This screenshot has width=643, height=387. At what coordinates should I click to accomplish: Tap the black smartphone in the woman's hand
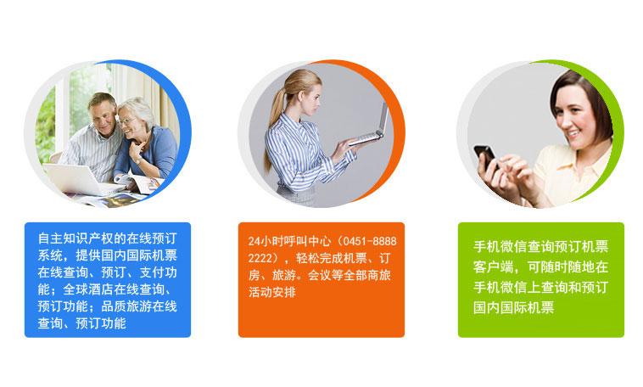click(x=485, y=156)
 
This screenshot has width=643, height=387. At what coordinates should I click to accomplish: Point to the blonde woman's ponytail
click(x=273, y=123)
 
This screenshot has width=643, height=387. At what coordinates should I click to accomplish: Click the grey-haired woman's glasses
click(x=126, y=121)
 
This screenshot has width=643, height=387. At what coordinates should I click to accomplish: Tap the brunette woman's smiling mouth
click(x=573, y=133)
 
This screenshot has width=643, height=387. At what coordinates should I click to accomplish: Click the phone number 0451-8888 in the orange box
click(x=370, y=241)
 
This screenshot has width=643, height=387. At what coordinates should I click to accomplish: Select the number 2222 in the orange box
click(x=260, y=258)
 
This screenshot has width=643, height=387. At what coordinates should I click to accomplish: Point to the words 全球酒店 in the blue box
click(x=88, y=289)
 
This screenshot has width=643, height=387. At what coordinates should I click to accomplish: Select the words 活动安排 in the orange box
click(x=272, y=292)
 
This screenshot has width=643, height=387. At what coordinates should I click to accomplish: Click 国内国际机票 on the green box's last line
click(x=513, y=307)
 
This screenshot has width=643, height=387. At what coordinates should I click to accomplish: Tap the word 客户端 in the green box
click(x=494, y=266)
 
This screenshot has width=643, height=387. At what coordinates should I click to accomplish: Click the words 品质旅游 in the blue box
click(x=126, y=306)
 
